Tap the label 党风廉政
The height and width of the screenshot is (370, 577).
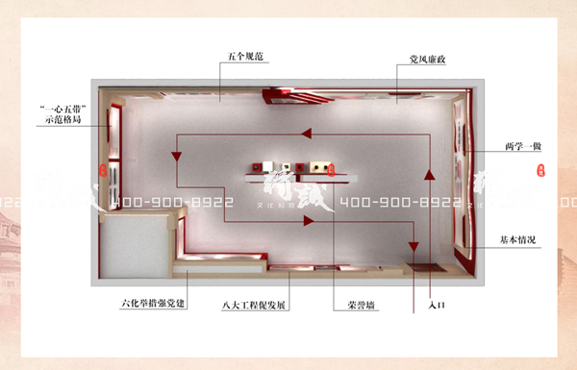[x=420, y=60]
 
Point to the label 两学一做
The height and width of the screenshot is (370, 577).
[x=524, y=146]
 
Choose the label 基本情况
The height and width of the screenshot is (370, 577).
[x=517, y=237]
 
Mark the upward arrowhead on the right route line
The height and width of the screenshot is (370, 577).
[x=430, y=174]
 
